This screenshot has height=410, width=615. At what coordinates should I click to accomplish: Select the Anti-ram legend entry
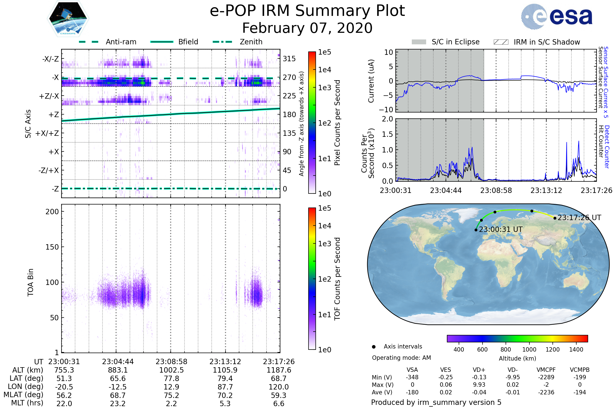click(121, 42)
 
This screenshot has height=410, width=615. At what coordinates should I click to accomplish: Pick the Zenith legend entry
click(251, 42)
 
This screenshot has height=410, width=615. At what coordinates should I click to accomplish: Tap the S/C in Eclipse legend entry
click(455, 42)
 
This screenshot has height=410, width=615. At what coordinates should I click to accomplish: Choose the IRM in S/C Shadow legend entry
click(547, 42)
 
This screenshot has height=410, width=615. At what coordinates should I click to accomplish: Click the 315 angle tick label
click(289, 59)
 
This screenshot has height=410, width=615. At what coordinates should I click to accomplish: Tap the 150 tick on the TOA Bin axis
click(52, 247)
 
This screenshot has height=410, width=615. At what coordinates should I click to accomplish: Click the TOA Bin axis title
click(30, 282)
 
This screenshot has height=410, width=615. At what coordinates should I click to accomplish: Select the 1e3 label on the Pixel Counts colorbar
click(324, 88)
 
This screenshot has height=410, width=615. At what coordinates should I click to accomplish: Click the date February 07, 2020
click(307, 28)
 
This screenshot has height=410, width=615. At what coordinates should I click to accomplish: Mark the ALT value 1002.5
click(171, 370)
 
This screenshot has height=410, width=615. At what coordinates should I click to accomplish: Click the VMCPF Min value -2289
click(546, 377)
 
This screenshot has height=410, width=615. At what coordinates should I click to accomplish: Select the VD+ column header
click(479, 370)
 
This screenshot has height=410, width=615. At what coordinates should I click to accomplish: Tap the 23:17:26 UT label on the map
click(579, 218)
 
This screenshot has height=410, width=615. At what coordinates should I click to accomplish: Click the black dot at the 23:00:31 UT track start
click(476, 230)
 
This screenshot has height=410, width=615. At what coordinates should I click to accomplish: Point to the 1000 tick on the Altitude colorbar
click(529, 350)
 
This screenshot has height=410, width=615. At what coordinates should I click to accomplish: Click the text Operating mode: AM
click(401, 358)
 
